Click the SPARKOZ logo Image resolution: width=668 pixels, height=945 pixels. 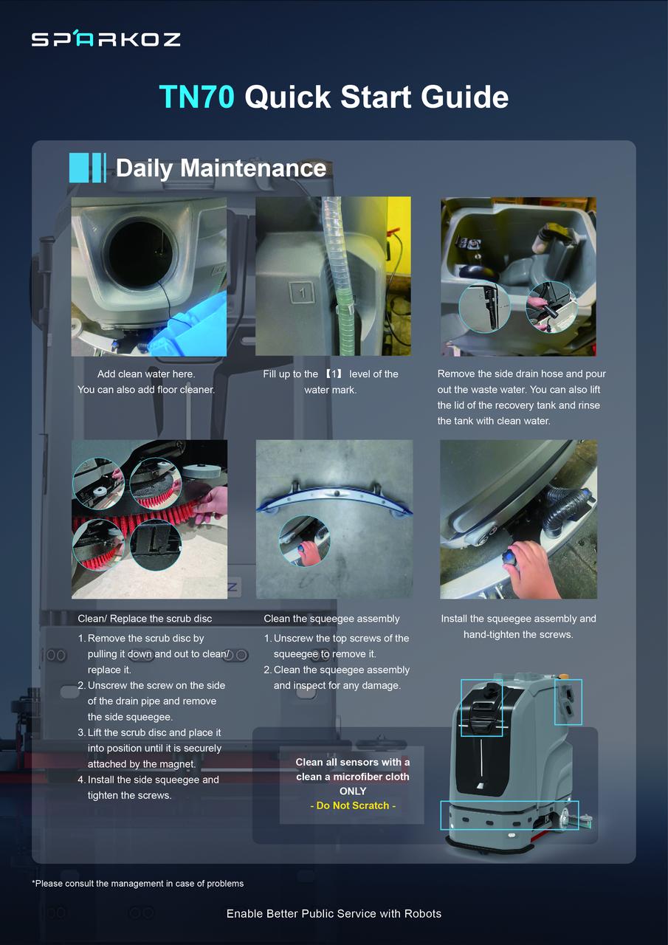[x=106, y=39]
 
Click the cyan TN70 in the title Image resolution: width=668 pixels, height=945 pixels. [x=196, y=97]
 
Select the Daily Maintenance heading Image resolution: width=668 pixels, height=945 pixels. [x=221, y=168]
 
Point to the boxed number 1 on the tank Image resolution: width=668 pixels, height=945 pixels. [x=302, y=292]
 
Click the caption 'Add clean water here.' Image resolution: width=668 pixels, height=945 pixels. [x=146, y=374]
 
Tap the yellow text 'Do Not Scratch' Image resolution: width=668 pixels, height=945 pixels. [x=353, y=805]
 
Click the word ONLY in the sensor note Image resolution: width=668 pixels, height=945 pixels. [x=353, y=791]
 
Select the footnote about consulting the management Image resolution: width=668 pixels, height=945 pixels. [x=137, y=883]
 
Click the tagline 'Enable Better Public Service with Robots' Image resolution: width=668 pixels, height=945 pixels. [x=334, y=913]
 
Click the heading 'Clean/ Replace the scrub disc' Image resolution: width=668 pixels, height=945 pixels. [x=145, y=619]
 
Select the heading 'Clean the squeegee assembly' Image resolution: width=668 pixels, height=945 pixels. [x=331, y=619]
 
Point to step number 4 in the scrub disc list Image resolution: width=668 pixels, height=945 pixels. [x=81, y=780]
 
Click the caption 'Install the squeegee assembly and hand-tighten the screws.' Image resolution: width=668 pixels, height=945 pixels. [x=518, y=627]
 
